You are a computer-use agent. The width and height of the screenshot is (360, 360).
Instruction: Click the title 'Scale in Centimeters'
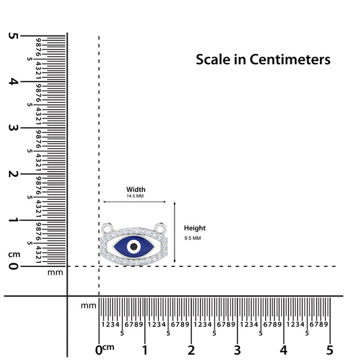pos(263,60)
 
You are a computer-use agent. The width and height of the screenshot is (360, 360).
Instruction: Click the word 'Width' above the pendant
pos(136,190)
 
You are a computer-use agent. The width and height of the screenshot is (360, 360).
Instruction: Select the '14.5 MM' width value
pos(135,196)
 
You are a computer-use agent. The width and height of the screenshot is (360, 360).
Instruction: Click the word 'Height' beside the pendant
pos(195,228)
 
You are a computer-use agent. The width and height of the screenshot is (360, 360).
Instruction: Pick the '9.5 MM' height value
pos(193,238)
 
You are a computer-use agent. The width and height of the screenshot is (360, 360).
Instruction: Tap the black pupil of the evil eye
pos(134,247)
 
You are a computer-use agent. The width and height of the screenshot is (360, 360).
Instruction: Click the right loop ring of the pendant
pos(161,228)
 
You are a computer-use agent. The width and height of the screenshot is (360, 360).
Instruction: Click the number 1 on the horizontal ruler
pos(145,350)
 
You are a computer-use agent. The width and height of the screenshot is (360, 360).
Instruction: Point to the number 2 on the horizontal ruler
pos(191,350)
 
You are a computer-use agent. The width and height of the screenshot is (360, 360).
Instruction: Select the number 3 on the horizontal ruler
pos(237,350)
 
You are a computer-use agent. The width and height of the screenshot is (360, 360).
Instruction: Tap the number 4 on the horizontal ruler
pos(283,350)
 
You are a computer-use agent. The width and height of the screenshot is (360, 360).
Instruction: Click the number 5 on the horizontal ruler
pos(329,350)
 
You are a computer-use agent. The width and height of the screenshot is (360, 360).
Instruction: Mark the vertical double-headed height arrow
pos(175,233)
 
